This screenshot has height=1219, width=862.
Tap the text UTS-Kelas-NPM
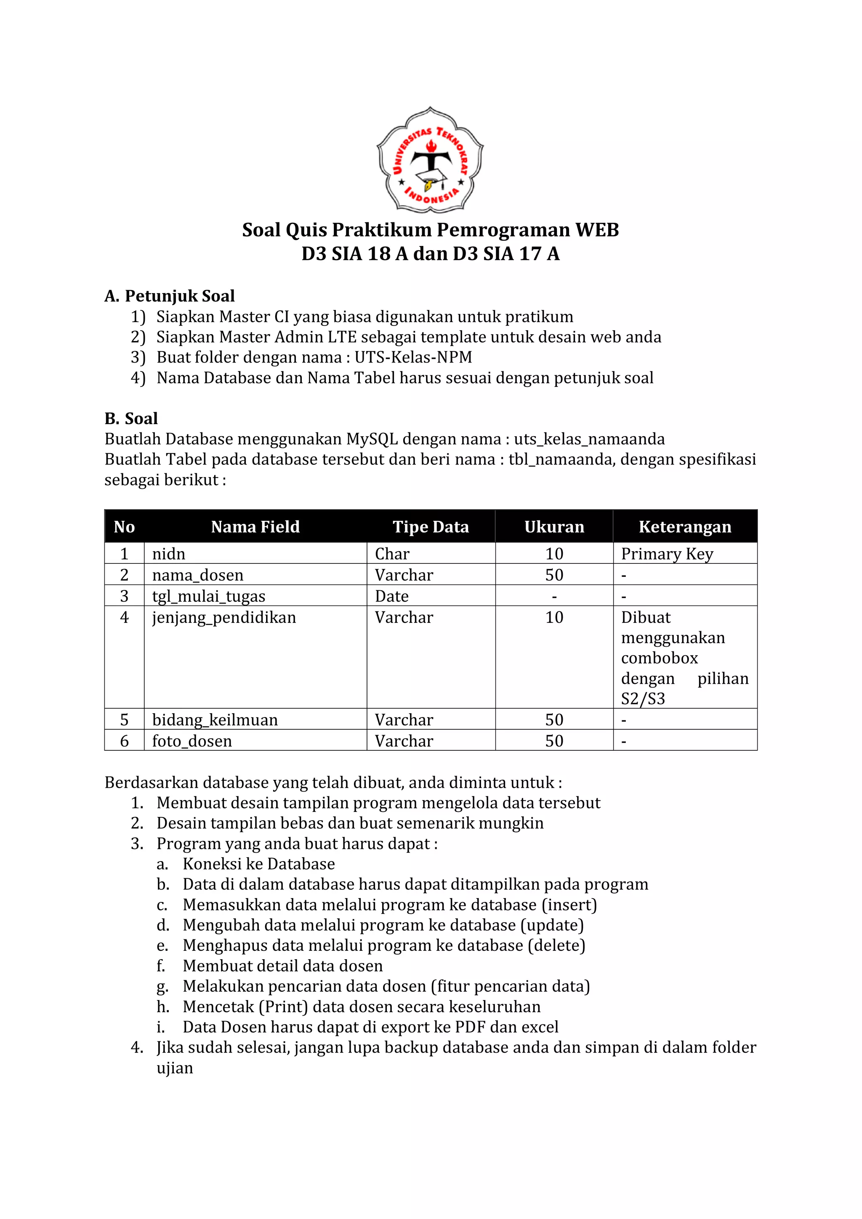(x=413, y=357)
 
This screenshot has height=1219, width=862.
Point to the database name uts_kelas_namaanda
(x=589, y=439)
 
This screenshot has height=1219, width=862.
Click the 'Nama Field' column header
(x=255, y=527)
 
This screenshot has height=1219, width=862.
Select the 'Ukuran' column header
(x=554, y=527)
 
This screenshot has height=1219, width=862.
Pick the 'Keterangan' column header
(x=685, y=527)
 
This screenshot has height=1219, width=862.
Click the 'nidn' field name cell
(x=169, y=554)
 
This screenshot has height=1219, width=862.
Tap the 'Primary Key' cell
(x=667, y=554)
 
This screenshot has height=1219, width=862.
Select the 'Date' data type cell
(x=392, y=596)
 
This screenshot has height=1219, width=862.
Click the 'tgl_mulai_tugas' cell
(x=209, y=596)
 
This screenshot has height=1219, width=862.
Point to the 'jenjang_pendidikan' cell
(x=224, y=617)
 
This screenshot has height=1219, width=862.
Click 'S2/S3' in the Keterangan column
(x=643, y=699)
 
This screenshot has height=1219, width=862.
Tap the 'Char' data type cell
(x=392, y=554)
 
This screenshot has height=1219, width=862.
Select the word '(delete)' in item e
(x=557, y=946)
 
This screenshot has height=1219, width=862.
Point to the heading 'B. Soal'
(x=131, y=419)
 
